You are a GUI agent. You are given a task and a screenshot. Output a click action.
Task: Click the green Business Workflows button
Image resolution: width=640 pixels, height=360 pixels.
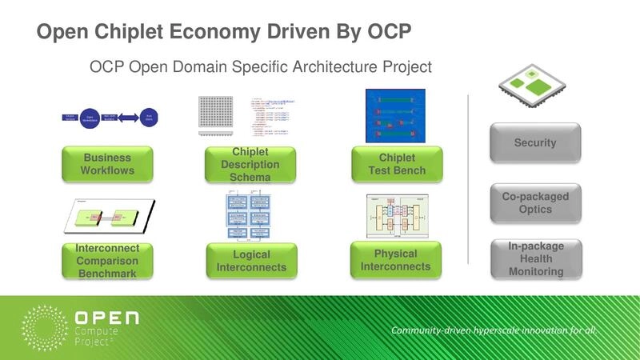tap(106, 164)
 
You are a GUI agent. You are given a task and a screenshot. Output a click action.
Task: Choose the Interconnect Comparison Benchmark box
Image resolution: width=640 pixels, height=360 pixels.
tap(107, 261)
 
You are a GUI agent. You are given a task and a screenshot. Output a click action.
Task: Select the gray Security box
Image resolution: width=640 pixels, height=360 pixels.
tap(534, 142)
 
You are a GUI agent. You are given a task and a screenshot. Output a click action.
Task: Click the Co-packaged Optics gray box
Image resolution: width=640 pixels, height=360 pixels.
tap(534, 203)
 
